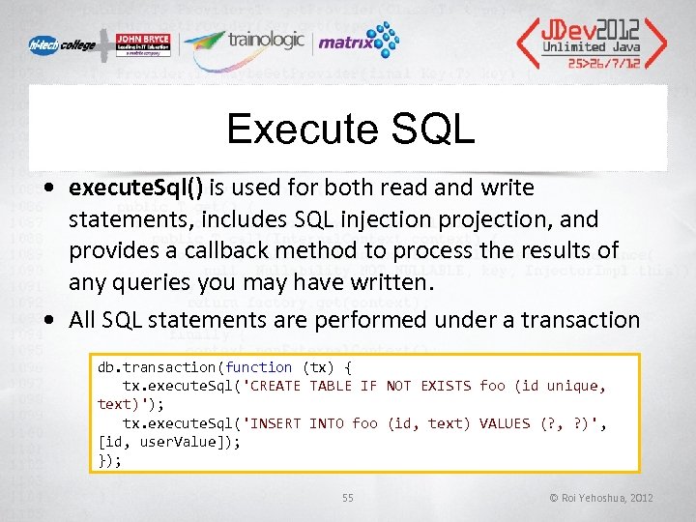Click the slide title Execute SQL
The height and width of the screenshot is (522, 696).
pyautogui.click(x=349, y=130)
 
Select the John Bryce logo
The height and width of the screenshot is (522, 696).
pyautogui.click(x=143, y=44)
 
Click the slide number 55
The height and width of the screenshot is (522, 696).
pyautogui.click(x=347, y=498)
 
